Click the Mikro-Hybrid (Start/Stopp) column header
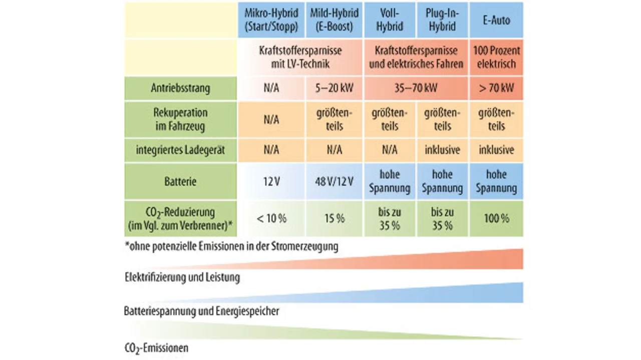pyautogui.click(x=271, y=20)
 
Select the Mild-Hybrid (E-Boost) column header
pyautogui.click(x=334, y=20)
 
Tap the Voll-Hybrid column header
pyautogui.click(x=390, y=20)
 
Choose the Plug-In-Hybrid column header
pyautogui.click(x=442, y=20)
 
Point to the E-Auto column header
pyautogui.click(x=496, y=20)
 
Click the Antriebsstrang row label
pyautogui.click(x=181, y=88)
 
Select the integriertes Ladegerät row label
pyautogui.click(x=181, y=150)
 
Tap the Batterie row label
pyautogui.click(x=181, y=181)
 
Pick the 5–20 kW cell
pyautogui.click(x=334, y=88)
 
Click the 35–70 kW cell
pyautogui.click(x=416, y=88)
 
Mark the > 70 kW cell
pyautogui.click(x=496, y=88)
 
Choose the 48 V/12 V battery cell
pyautogui.click(x=334, y=181)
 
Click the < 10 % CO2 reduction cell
pyautogui.click(x=271, y=219)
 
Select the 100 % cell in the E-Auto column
pyautogui.click(x=496, y=219)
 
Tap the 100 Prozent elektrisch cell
pyautogui.click(x=496, y=57)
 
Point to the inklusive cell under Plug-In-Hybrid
pyautogui.click(x=442, y=150)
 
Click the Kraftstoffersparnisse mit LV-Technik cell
pyautogui.click(x=300, y=57)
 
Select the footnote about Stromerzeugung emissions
pyautogui.click(x=231, y=246)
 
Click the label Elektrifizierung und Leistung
pyautogui.click(x=182, y=277)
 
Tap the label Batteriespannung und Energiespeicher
pyautogui.click(x=201, y=311)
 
